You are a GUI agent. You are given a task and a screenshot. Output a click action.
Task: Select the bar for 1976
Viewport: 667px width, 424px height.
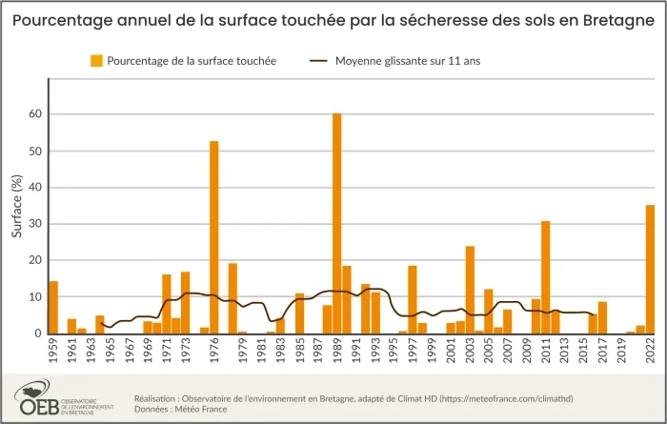click(x=214, y=237)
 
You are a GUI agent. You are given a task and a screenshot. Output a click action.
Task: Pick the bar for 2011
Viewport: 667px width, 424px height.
click(x=546, y=277)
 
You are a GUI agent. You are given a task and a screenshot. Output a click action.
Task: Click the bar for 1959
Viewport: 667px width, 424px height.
click(x=53, y=308)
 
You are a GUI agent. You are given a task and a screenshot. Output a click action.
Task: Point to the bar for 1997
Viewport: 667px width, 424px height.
click(x=413, y=299)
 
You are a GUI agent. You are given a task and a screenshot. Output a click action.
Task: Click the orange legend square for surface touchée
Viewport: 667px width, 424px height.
click(x=96, y=61)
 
